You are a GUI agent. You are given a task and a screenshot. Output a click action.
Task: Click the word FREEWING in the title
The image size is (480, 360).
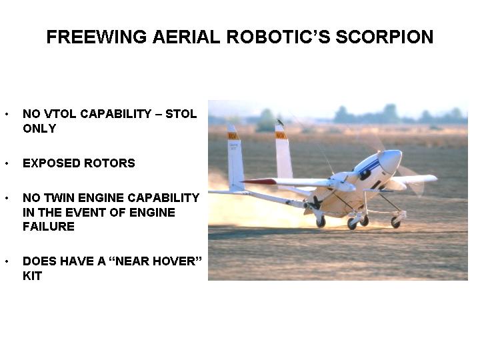point(97,37)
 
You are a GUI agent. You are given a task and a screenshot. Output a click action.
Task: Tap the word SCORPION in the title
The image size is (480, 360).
point(385,37)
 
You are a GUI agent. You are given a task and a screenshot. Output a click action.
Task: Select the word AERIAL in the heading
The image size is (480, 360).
point(186,37)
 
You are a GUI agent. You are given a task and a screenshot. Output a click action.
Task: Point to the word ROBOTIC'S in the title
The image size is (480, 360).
point(278,37)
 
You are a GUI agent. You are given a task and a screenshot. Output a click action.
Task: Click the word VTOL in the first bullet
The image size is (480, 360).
point(61,114)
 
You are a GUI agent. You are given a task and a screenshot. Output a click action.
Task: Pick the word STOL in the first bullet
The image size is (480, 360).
point(181,114)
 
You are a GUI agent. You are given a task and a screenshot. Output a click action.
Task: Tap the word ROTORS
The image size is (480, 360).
point(109,163)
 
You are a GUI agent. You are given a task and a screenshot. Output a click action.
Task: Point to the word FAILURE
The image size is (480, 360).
point(49,226)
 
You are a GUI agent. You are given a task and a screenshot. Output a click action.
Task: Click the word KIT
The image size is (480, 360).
point(32,276)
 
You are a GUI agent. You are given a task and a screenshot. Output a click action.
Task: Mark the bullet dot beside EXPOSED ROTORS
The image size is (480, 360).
point(7,163)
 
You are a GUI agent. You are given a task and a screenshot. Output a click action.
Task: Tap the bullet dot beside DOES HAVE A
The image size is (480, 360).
point(7,261)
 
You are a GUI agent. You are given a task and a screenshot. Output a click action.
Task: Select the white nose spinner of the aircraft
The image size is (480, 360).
point(390,161)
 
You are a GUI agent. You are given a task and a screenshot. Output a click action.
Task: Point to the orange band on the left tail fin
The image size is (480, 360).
point(233,136)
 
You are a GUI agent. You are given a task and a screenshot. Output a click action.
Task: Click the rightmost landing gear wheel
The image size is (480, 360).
point(395,223)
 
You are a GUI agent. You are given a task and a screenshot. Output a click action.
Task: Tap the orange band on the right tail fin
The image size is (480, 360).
point(281,135)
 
